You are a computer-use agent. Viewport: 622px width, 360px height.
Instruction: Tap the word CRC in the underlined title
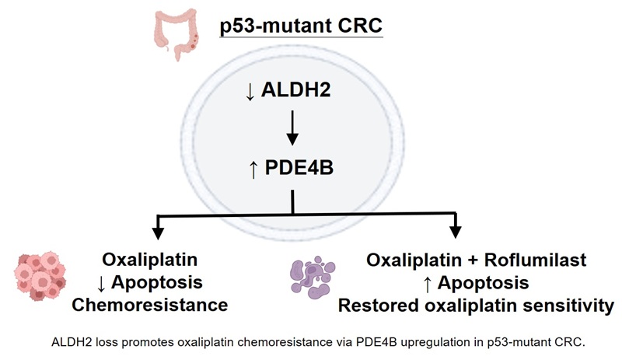(x=360, y=26)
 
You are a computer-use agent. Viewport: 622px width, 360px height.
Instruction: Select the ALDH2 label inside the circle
(x=295, y=89)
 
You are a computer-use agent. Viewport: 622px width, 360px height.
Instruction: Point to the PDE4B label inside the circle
(x=299, y=167)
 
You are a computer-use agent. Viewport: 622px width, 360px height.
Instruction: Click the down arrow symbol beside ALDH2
(x=250, y=92)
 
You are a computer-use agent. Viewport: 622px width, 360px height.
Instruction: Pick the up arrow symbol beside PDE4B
(x=253, y=170)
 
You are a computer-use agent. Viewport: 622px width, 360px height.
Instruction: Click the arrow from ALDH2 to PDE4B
(x=292, y=128)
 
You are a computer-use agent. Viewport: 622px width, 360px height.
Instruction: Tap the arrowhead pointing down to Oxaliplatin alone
(x=159, y=233)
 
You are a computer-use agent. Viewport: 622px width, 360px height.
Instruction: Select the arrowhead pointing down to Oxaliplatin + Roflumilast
(x=456, y=232)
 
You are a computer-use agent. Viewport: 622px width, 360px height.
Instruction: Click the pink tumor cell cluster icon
(x=40, y=276)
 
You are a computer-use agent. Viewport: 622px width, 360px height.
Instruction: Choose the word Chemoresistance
(x=150, y=306)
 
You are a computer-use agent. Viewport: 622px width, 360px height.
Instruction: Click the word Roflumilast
(x=535, y=260)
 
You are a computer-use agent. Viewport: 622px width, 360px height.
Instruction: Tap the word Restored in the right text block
(x=379, y=306)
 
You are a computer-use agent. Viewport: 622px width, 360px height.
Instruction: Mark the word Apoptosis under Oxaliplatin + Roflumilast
(x=483, y=283)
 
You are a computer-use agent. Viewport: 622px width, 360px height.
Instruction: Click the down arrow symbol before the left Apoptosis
(x=101, y=284)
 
